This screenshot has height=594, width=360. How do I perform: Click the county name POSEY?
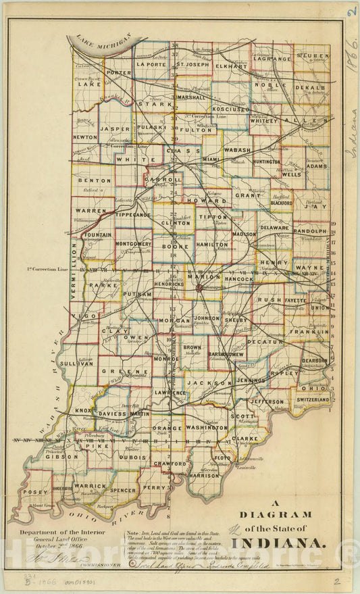click(x=35, y=493)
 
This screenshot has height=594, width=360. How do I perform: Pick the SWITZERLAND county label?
click(x=313, y=399)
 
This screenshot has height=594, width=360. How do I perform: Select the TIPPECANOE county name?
click(x=133, y=214)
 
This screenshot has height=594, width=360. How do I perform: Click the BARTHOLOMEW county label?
click(x=226, y=353)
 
